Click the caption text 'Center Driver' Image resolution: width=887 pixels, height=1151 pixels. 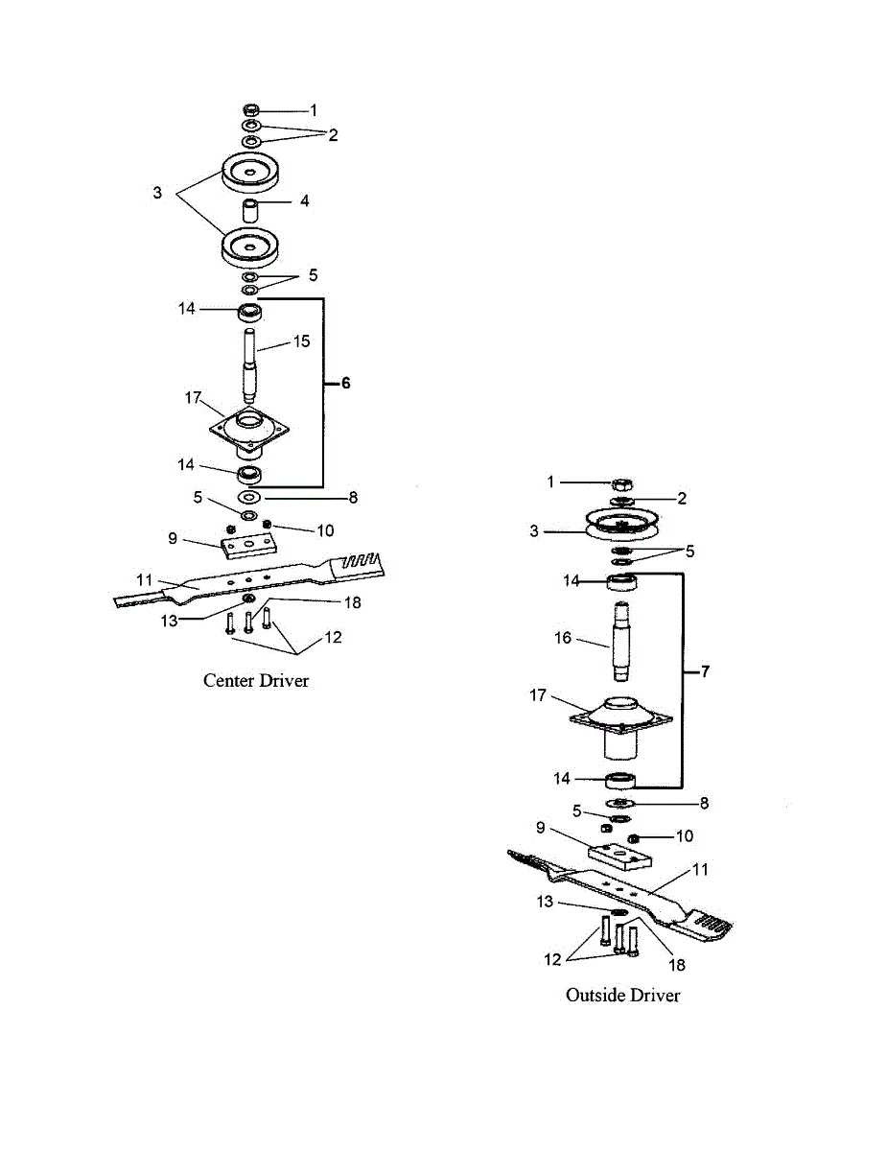click(256, 680)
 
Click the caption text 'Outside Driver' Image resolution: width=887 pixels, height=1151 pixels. click(622, 995)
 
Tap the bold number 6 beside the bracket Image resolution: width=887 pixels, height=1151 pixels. click(345, 383)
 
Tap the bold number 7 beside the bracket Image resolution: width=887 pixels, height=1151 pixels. click(705, 672)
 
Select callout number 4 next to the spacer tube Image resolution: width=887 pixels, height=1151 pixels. click(304, 201)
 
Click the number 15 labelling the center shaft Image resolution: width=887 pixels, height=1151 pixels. click(301, 341)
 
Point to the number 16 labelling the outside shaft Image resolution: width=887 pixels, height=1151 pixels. click(563, 636)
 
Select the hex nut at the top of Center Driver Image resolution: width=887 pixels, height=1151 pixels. click(251, 109)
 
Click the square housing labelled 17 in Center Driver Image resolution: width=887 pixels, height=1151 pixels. click(248, 429)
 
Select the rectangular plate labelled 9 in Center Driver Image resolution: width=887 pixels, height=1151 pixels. click(248, 545)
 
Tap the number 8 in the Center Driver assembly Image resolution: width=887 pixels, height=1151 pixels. click(353, 498)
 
